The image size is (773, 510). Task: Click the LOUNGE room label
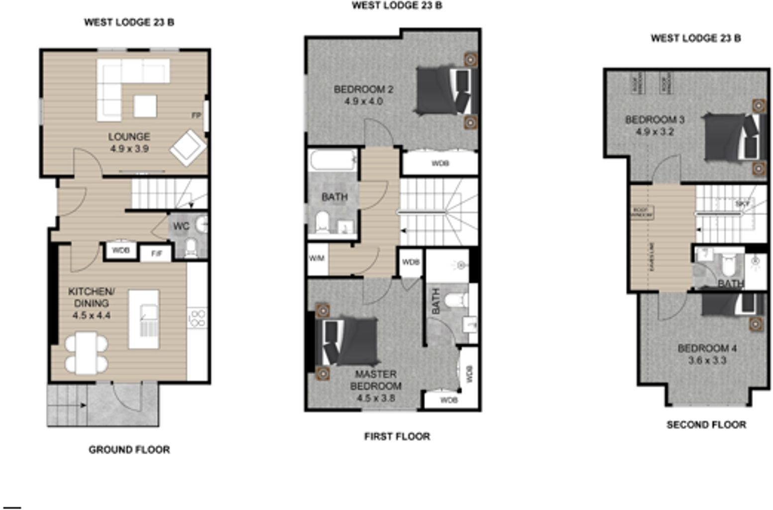[129, 136]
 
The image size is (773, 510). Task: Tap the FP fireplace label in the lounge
[196, 116]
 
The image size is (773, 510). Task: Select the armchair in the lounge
[188, 147]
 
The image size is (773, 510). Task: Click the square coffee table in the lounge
[145, 106]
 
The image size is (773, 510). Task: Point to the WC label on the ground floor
[181, 226]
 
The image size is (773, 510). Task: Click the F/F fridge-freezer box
[156, 254]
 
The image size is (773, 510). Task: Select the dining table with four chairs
[86, 353]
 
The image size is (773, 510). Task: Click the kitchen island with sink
[144, 319]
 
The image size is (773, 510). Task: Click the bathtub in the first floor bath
[332, 160]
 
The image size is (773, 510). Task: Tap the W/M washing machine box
[317, 258]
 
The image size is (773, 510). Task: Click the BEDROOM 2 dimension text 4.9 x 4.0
[363, 101]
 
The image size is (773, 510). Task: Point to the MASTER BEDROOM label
[375, 380]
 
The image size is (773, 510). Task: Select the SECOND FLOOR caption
[706, 425]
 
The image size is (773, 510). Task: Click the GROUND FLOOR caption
[129, 450]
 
